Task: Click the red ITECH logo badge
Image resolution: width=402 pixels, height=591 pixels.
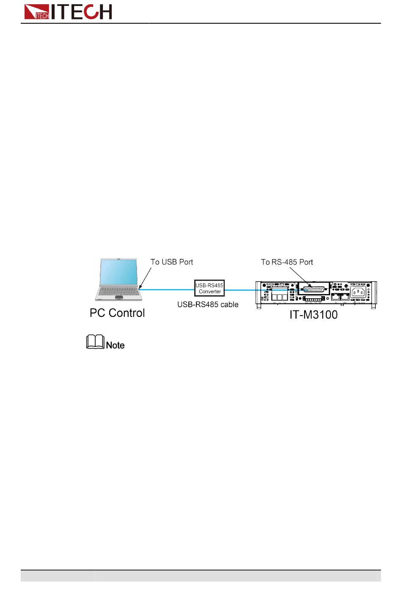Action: tap(37, 12)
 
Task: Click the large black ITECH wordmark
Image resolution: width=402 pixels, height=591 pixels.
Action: tap(82, 11)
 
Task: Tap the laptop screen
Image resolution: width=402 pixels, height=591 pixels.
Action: tap(118, 272)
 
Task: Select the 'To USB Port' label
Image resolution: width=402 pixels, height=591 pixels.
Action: tap(172, 262)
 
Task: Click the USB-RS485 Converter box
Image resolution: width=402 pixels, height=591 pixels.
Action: tap(209, 288)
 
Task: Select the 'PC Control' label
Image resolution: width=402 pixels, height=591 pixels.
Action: tap(117, 313)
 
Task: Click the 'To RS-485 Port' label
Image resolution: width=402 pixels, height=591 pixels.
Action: tap(287, 262)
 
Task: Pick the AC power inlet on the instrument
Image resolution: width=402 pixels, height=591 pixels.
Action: tap(358, 292)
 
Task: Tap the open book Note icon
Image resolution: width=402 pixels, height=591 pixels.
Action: tap(95, 342)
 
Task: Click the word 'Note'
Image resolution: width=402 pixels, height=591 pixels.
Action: tap(116, 345)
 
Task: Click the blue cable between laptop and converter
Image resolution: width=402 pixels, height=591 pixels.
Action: tap(167, 289)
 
